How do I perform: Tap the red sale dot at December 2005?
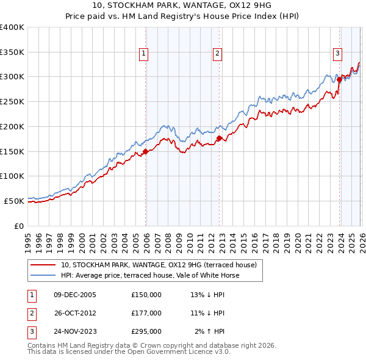coord(145,151)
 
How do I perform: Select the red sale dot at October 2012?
coord(219,139)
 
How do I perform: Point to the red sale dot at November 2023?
coord(339,79)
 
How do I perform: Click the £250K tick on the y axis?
coord(12,102)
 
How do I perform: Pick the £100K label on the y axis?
coord(12,176)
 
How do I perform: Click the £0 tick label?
coord(18,226)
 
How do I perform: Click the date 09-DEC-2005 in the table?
coord(75,294)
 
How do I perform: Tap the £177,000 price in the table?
coord(146,313)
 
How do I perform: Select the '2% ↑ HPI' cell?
coord(210,332)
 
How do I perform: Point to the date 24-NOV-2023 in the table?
coord(75,332)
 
